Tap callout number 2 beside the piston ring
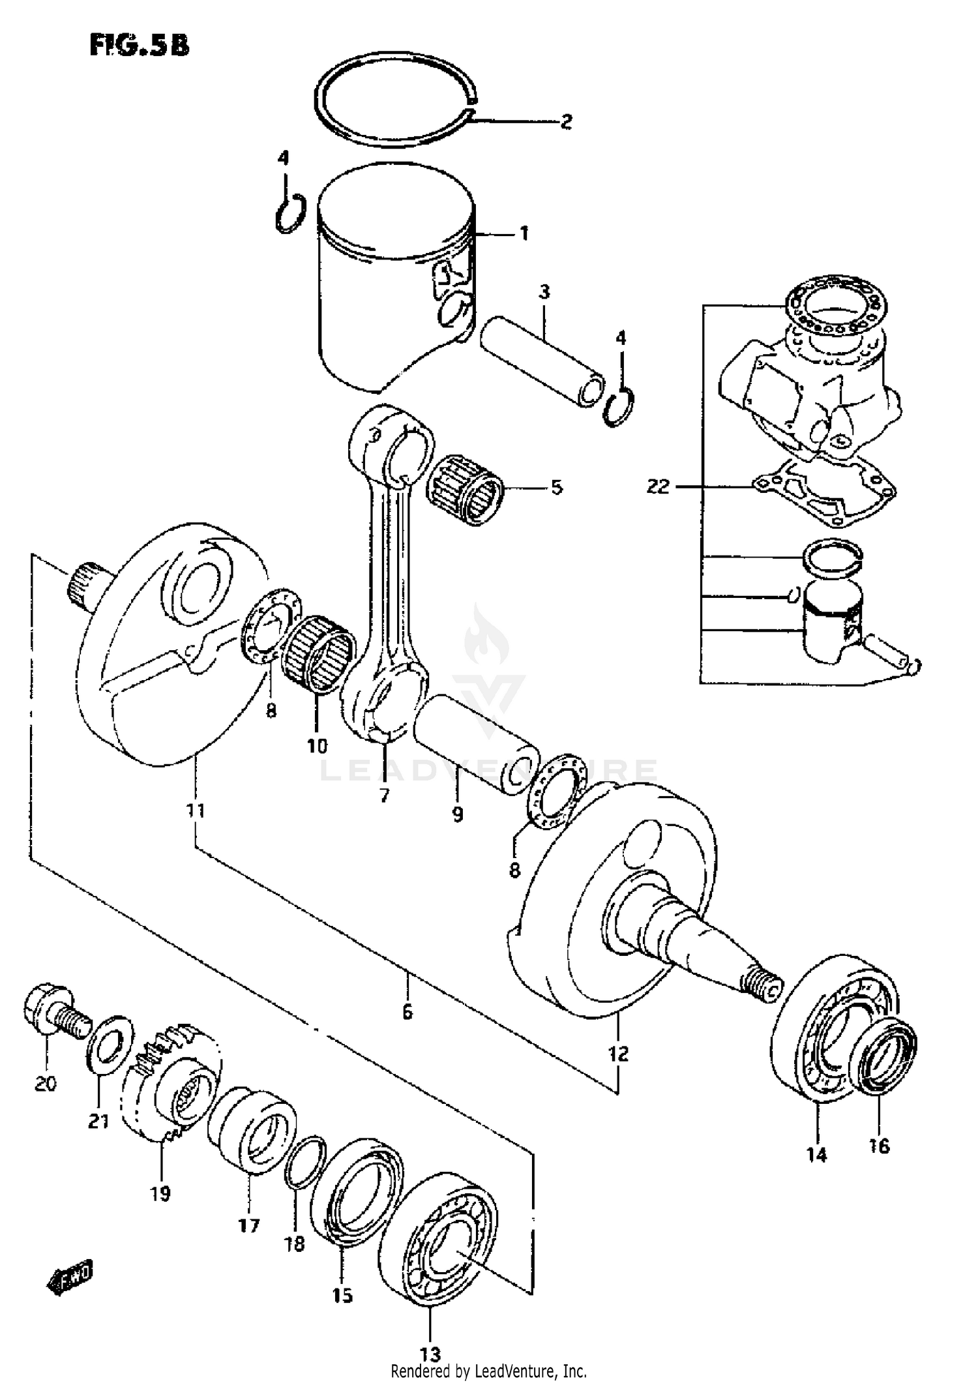566,121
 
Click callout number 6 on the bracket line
407,1011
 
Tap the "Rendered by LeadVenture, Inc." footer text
488,1371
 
